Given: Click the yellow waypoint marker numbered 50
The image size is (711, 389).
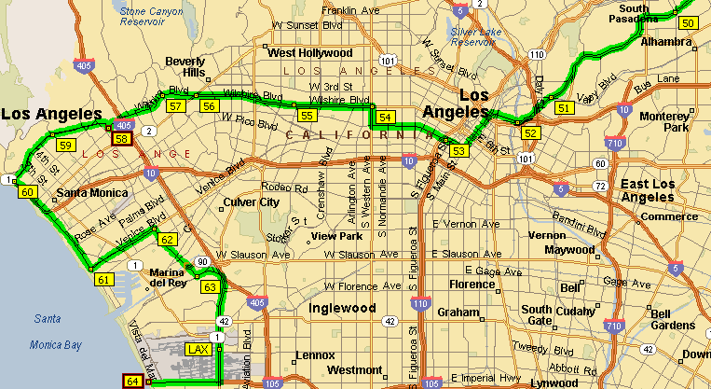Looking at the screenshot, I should click(689, 23).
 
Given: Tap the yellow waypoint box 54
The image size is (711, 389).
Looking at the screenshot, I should click(386, 117).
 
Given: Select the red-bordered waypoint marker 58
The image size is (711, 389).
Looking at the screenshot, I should click(122, 139).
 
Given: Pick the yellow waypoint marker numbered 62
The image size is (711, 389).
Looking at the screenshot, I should click(167, 240).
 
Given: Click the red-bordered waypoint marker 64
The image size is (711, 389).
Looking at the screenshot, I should click(132, 381).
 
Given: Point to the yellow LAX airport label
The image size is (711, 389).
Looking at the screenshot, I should click(198, 349).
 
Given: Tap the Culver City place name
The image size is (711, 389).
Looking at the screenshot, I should click(250, 201).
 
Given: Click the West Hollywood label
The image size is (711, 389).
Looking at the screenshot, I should click(309, 53).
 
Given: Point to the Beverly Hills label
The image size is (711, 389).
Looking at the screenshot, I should click(185, 67).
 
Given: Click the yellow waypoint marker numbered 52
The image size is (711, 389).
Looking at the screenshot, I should click(530, 132).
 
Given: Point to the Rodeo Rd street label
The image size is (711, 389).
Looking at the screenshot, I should click(283, 187).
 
